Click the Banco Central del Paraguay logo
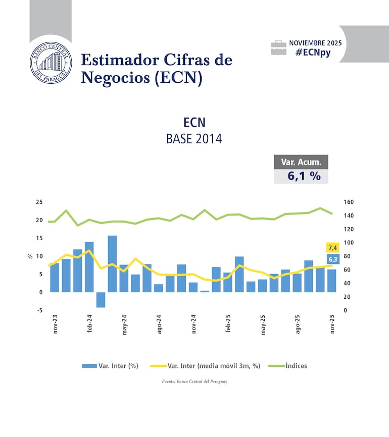pyautogui.click(x=51, y=63)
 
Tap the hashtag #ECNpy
pyautogui.click(x=313, y=52)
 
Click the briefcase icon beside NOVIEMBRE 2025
pyautogui.click(x=278, y=48)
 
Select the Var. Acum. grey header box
pyautogui.click(x=301, y=162)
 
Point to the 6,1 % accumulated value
pyautogui.click(x=301, y=176)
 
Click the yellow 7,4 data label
pyautogui.click(x=332, y=247)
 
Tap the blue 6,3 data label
pyautogui.click(x=332, y=259)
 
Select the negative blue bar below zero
pyautogui.click(x=101, y=300)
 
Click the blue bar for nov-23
pyautogui.click(x=55, y=277)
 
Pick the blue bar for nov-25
pyautogui.click(x=332, y=281)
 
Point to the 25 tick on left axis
pyautogui.click(x=39, y=202)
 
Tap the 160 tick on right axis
pyautogui.click(x=349, y=202)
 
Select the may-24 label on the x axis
pyautogui.click(x=124, y=325)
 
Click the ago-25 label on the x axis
pyautogui.click(x=298, y=325)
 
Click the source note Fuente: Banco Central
pyautogui.click(x=194, y=381)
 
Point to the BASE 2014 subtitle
pyautogui.click(x=194, y=139)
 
